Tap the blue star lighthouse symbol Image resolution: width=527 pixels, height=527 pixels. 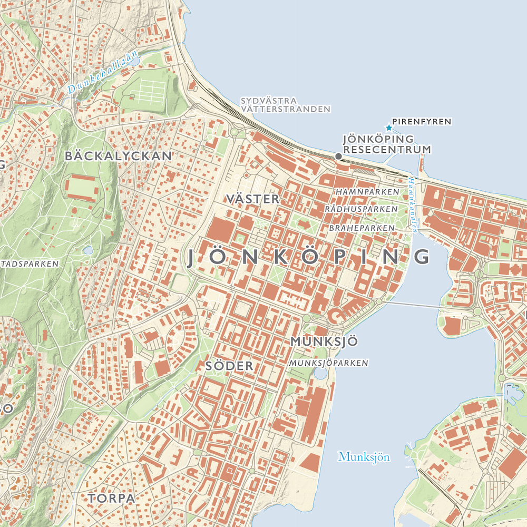tap(389, 128)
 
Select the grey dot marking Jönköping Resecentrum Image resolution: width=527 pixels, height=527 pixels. tap(338, 156)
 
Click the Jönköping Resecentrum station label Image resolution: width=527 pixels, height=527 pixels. tap(387, 144)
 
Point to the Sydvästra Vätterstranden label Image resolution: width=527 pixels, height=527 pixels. tap(285, 104)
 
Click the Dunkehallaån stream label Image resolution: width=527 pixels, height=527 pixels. tap(103, 72)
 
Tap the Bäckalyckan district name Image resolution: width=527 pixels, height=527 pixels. tap(119, 156)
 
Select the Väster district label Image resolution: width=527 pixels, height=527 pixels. tap(252, 199)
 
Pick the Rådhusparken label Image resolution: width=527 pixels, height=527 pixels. tap(361, 209)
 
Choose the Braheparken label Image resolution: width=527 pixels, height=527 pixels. tap(362, 228)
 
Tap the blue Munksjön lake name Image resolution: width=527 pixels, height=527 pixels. tap(364, 457)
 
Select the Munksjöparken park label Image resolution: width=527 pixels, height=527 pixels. tap(328, 363)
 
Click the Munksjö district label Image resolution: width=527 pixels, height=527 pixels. tap(324, 341)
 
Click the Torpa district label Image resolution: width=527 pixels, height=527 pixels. tap(112, 497)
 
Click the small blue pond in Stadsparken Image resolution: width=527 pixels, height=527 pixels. tap(88, 250)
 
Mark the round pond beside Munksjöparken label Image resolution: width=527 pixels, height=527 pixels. tap(320, 374)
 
